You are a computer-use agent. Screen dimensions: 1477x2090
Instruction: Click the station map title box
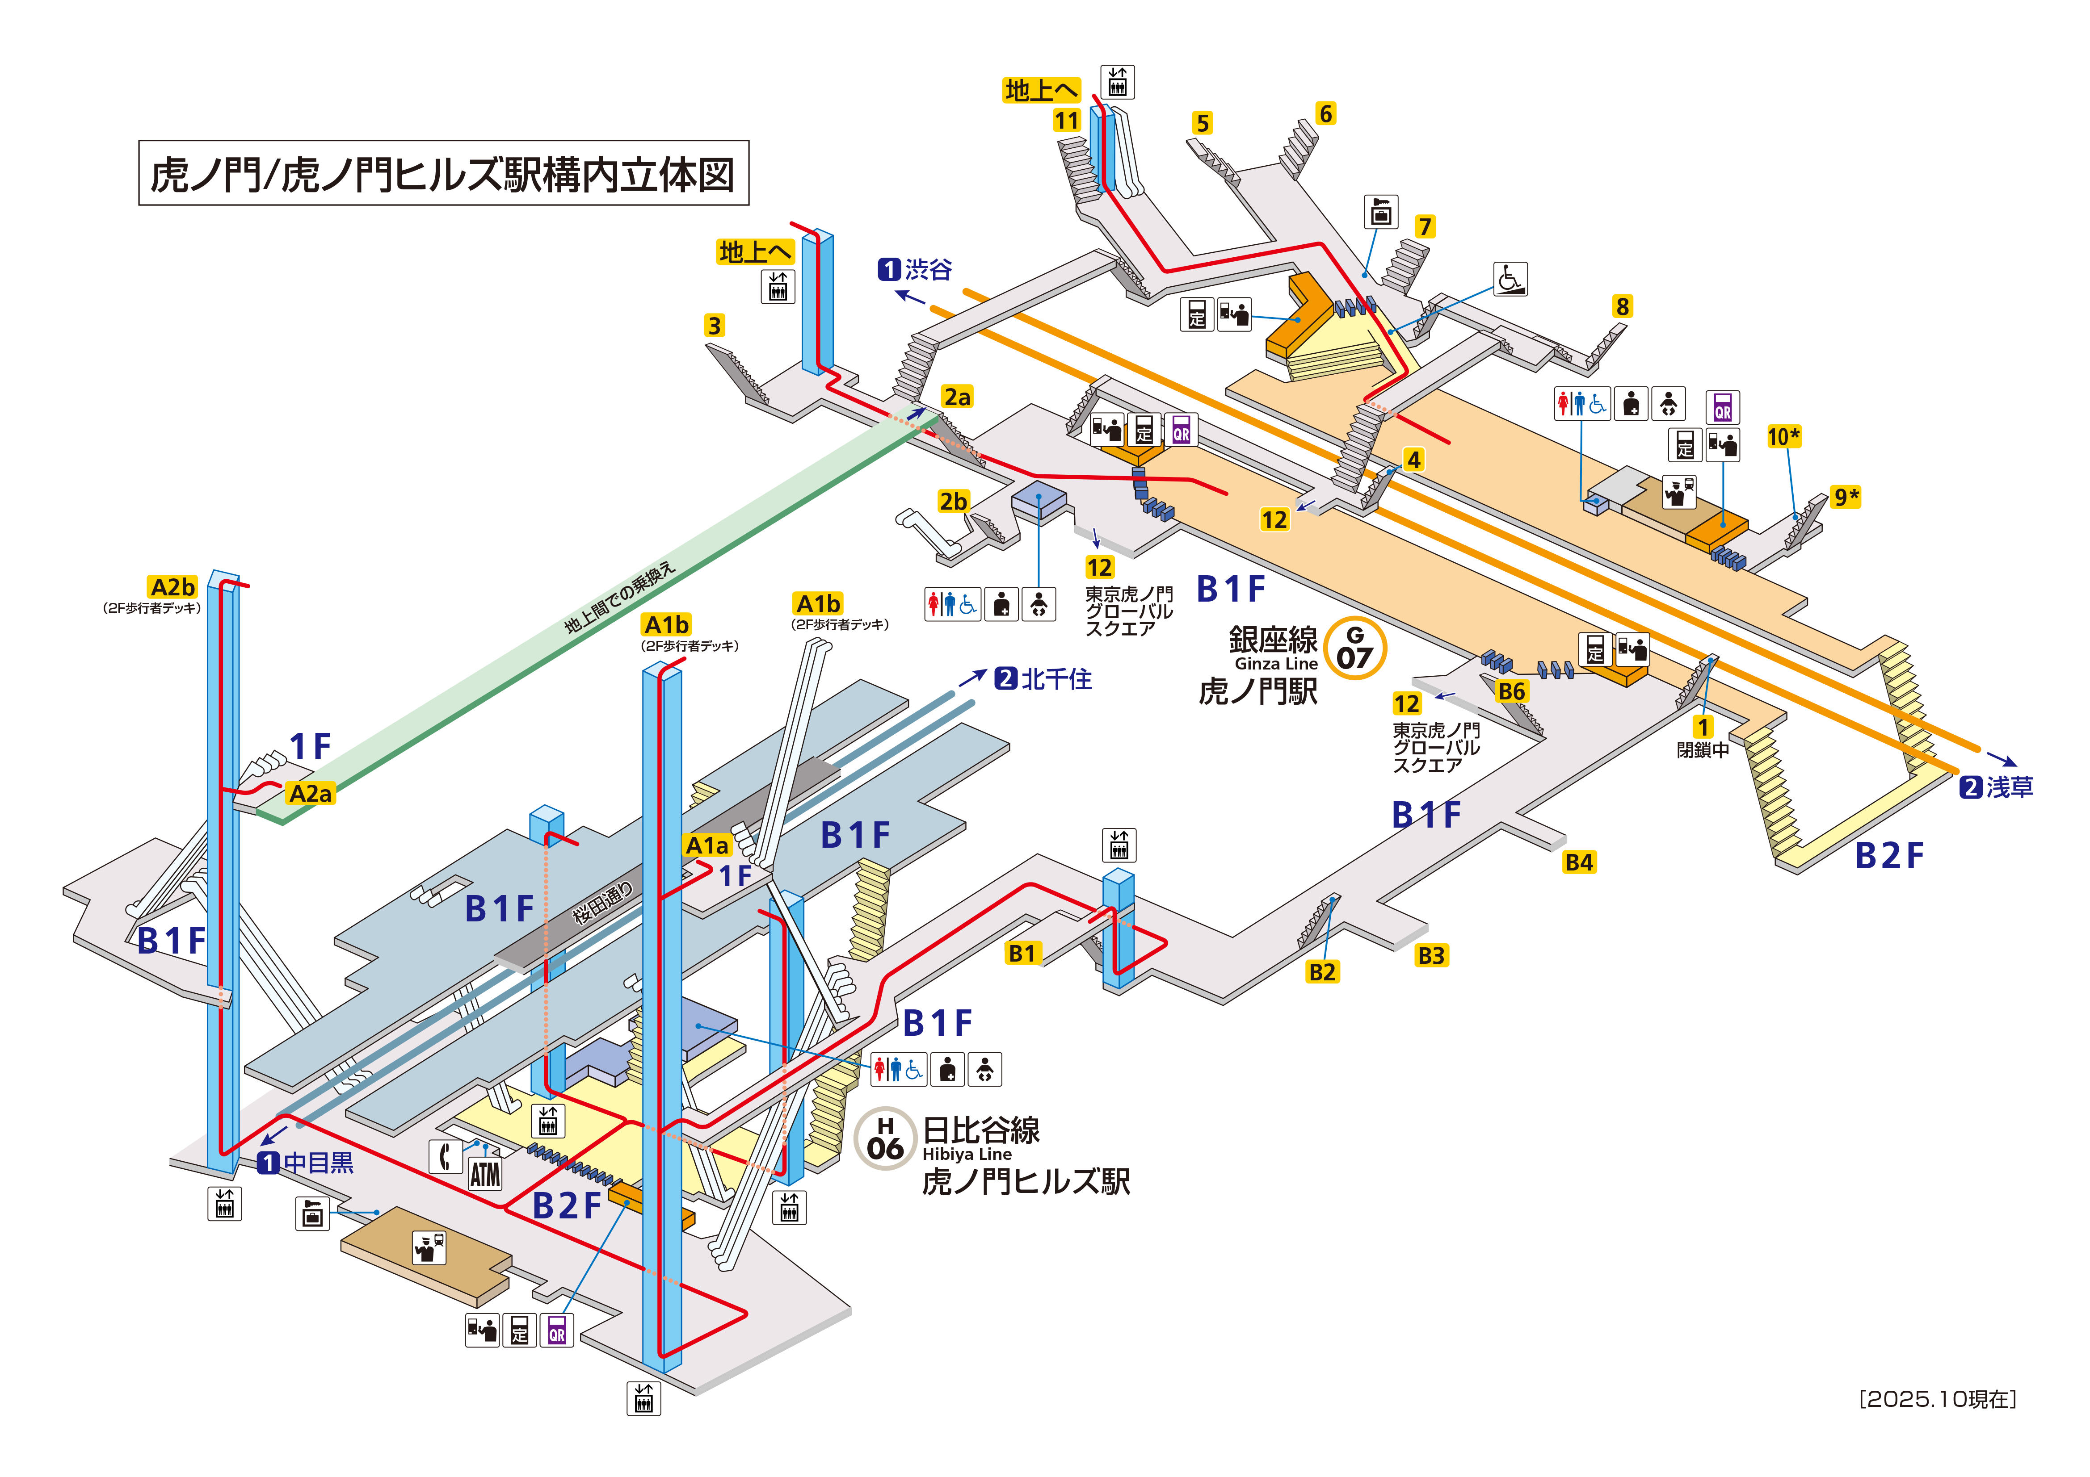click(x=443, y=173)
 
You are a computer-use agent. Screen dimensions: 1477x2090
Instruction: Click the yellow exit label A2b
click(x=173, y=587)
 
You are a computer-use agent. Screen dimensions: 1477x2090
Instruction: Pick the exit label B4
click(x=1579, y=862)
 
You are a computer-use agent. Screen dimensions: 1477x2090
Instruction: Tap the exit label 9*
click(x=1845, y=497)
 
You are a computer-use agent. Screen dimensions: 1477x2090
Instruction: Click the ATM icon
click(x=485, y=1174)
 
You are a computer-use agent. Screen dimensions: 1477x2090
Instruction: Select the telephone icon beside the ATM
click(x=445, y=1157)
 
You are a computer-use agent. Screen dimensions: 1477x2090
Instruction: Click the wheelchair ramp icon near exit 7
click(x=1510, y=279)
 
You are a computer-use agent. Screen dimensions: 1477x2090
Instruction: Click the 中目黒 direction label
click(x=307, y=1163)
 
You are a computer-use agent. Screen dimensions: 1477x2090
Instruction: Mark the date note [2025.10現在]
click(x=1937, y=1399)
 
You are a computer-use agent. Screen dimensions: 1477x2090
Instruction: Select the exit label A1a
click(x=707, y=845)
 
